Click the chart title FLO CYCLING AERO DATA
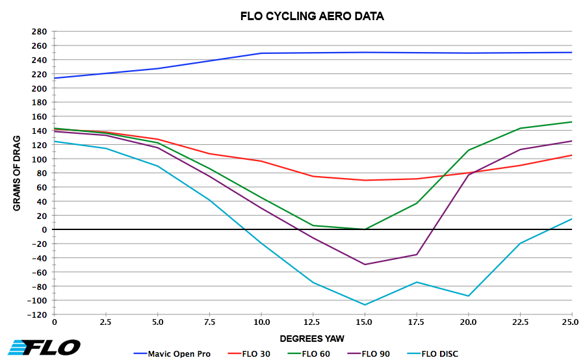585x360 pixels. [302, 16]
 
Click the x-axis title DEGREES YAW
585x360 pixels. [313, 339]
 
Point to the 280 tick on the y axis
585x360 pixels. [39, 31]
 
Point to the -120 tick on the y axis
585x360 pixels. [37, 315]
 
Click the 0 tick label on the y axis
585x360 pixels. [44, 229]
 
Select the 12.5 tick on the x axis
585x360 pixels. [313, 322]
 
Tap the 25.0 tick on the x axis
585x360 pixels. [571, 322]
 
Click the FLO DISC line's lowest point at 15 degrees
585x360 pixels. [365, 305]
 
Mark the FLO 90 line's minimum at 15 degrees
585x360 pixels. [365, 264]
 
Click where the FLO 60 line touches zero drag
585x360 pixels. [365, 229]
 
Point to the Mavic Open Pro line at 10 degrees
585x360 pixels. [261, 53]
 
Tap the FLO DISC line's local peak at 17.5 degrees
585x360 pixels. [417, 282]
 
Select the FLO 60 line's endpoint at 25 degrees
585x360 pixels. [571, 122]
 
